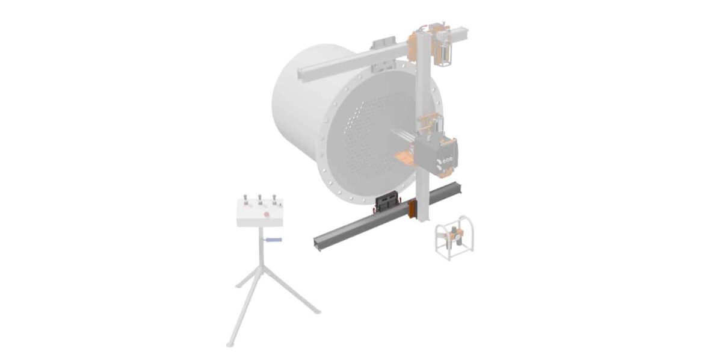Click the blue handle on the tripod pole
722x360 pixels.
click(273, 240)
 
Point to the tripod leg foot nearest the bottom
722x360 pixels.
click(230, 344)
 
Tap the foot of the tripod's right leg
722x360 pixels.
click(317, 311)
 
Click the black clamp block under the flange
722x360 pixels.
click(386, 200)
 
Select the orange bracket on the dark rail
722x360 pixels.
click(412, 209)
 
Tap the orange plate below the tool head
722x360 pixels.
click(409, 158)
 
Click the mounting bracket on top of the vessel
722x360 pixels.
click(383, 46)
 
